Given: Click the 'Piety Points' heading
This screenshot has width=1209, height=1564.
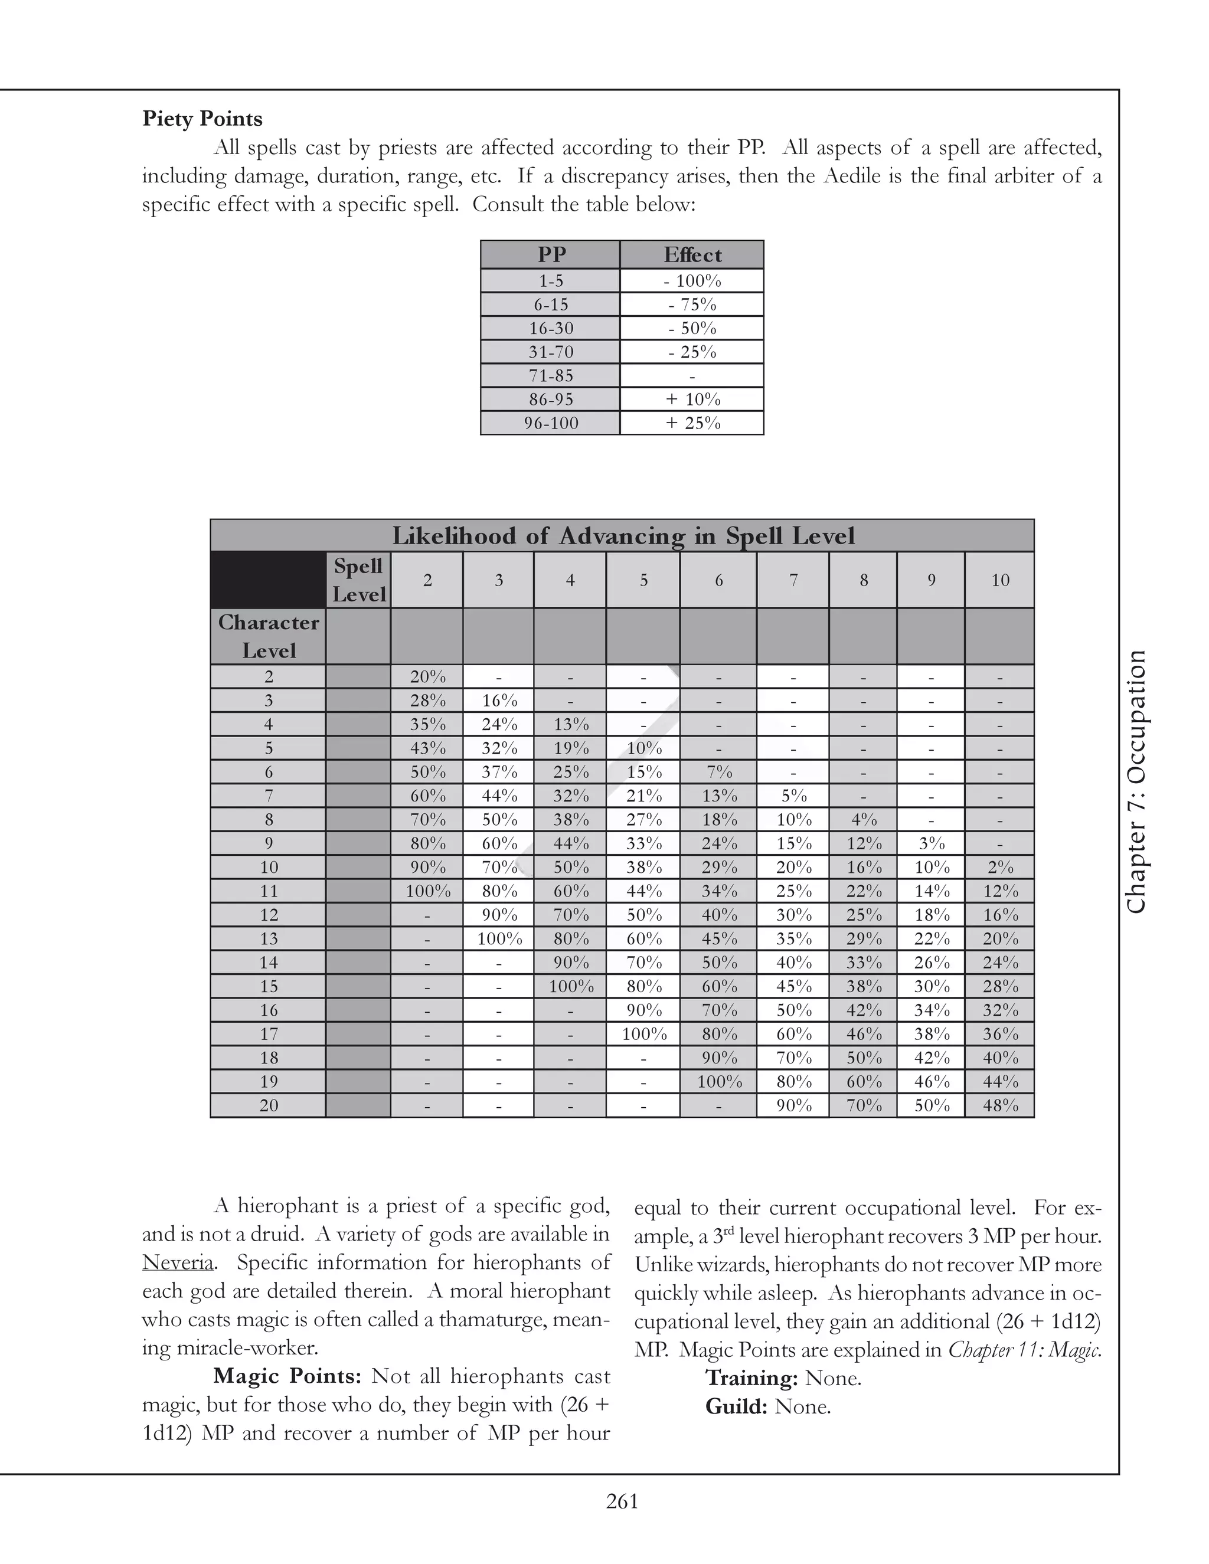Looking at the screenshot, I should tap(202, 119).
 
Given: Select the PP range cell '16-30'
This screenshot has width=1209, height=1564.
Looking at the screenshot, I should tap(550, 329).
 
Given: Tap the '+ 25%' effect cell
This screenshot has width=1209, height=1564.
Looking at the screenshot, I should tap(692, 423).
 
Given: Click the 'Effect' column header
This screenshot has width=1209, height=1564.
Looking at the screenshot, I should tap(692, 255).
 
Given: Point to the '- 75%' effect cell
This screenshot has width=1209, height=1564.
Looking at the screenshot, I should tap(692, 305).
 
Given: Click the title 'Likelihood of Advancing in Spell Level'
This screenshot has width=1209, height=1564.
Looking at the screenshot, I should tap(622, 536).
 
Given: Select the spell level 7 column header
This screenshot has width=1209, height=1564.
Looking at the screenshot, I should tap(793, 580).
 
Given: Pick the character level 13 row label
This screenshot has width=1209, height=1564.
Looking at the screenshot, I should tap(269, 939).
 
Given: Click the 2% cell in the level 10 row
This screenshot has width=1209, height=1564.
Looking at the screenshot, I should tap(1000, 867).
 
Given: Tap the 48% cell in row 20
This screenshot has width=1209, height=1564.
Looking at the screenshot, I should tap(1000, 1105).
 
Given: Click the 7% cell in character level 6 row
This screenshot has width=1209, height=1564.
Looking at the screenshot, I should tap(718, 772).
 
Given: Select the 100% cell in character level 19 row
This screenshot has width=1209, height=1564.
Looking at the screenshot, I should tap(718, 1082).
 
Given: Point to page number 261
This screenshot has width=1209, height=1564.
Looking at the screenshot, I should tap(622, 1501).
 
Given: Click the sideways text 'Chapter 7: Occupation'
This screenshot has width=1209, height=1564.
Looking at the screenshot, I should tap(1136, 781).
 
